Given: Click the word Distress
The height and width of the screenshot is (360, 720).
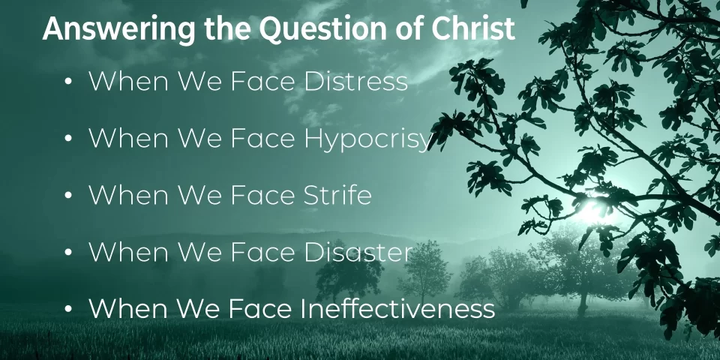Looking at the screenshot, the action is tap(355, 81).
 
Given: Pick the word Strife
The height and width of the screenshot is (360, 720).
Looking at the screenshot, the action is tap(337, 195).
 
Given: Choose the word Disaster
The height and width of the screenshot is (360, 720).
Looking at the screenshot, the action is tap(358, 252).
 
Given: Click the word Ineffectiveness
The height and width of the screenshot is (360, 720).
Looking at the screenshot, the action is tap(398, 308).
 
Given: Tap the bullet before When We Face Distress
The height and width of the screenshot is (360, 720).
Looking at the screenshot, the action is tap(68, 82).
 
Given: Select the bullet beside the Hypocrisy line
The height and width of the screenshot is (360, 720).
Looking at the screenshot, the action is tap(68, 139).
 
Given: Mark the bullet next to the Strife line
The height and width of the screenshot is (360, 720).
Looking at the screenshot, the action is tap(68, 195).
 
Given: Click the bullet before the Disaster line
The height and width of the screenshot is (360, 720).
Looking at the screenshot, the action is tap(68, 252).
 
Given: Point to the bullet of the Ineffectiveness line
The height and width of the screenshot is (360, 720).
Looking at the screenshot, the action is tap(68, 309).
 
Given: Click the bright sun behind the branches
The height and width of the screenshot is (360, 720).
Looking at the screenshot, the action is tap(592, 212).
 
